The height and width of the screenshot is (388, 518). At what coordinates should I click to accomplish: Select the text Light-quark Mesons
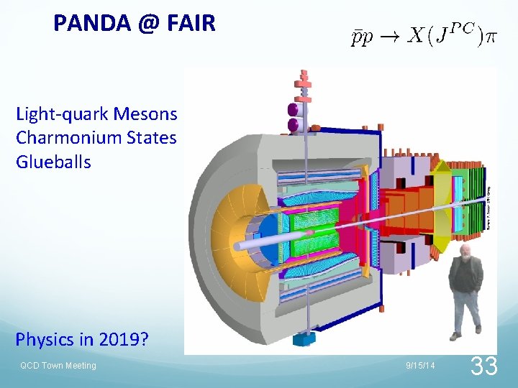click(x=96, y=114)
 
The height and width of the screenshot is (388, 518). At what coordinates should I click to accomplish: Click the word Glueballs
click(x=53, y=162)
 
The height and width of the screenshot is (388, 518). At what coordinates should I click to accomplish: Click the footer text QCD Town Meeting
click(x=58, y=366)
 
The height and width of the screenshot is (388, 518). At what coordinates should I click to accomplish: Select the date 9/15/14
click(x=420, y=366)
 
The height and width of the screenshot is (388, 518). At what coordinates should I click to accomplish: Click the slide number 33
click(x=483, y=366)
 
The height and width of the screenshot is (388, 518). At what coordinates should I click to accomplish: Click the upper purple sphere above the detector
click(x=293, y=110)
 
